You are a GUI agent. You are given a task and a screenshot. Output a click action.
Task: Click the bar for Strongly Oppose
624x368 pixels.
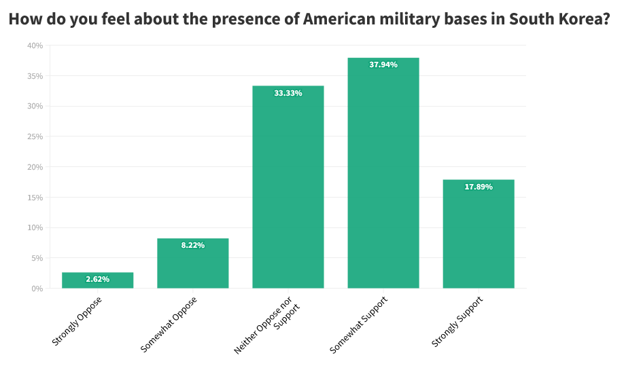click(x=97, y=280)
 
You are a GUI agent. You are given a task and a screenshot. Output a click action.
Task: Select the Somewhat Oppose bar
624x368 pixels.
click(x=192, y=265)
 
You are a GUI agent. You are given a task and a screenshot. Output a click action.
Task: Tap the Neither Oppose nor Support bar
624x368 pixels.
click(x=288, y=190)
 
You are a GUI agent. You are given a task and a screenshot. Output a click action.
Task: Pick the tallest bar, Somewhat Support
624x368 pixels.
click(x=383, y=177)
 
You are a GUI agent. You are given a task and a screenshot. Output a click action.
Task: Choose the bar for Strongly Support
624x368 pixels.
click(x=478, y=234)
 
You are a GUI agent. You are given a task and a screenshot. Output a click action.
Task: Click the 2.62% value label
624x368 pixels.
click(x=97, y=279)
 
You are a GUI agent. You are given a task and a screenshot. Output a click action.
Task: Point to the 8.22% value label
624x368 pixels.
click(x=192, y=245)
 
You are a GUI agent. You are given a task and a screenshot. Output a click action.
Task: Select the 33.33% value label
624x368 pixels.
click(x=288, y=93)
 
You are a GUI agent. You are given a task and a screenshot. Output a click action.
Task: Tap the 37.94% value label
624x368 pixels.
click(x=383, y=65)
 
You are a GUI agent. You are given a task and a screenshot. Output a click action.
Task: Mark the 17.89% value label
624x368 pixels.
click(x=478, y=187)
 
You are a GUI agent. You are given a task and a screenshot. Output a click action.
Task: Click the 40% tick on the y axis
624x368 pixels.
click(x=35, y=45)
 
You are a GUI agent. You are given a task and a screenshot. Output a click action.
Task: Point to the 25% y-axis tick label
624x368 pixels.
click(x=35, y=136)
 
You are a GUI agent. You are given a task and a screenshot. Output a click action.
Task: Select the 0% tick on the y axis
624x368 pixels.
click(x=37, y=289)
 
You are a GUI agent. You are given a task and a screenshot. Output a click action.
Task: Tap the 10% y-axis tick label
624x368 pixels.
click(x=35, y=227)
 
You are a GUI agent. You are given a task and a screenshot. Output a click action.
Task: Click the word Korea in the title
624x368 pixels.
click(x=585, y=19)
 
